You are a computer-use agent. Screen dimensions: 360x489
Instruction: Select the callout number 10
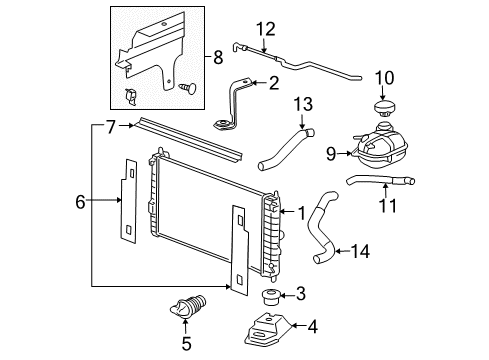pos(384,78)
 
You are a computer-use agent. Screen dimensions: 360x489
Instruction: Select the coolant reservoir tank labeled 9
pos(385,147)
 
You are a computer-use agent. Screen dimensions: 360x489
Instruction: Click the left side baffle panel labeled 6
pos(128,201)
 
